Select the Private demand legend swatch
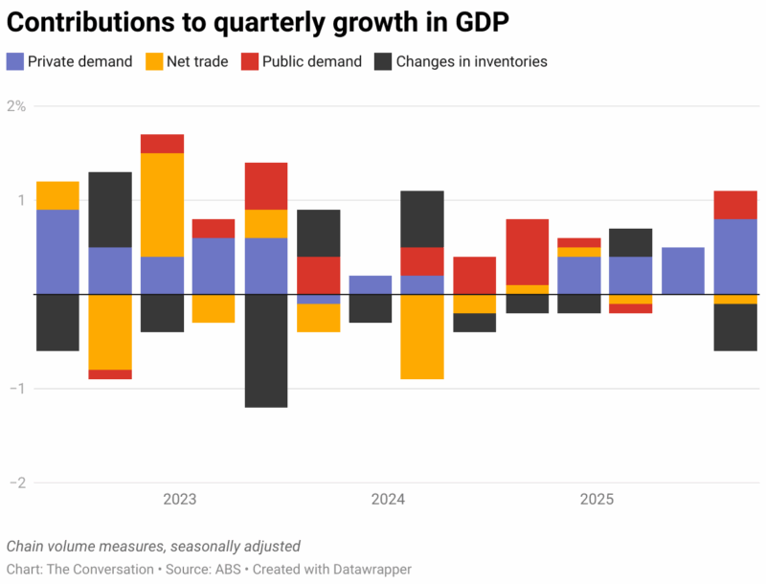(x=14, y=61)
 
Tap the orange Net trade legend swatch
(x=155, y=61)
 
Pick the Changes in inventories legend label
(x=471, y=61)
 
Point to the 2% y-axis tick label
(x=16, y=106)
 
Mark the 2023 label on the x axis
(x=180, y=500)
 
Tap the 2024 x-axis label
(x=388, y=500)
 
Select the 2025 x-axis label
(x=597, y=500)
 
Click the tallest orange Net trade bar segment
(x=162, y=205)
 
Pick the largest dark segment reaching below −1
(x=266, y=350)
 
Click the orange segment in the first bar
(x=57, y=195)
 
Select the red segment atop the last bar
(x=735, y=205)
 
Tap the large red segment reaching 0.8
(x=527, y=252)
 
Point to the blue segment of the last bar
(x=735, y=257)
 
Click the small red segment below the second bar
(x=110, y=374)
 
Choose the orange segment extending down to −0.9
(x=422, y=336)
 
